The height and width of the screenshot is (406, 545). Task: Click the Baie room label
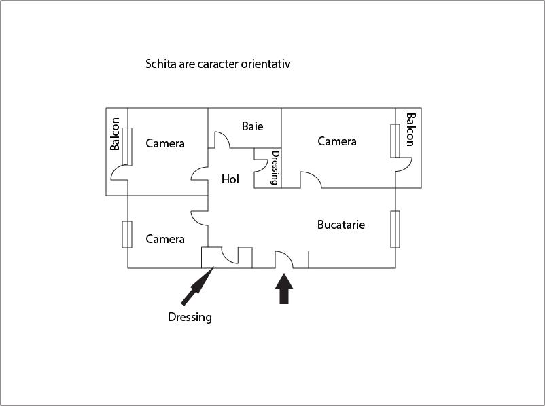tap(252, 126)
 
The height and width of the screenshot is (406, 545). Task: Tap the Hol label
tap(230, 179)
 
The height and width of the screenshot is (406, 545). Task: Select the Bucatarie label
tap(341, 225)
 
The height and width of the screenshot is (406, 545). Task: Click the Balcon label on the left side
tap(115, 134)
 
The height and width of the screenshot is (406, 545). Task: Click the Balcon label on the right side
tap(410, 130)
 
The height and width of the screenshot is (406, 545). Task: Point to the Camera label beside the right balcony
tap(337, 141)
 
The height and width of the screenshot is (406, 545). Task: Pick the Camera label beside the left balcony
tap(165, 143)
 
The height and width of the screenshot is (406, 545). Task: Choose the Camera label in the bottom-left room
tap(165, 239)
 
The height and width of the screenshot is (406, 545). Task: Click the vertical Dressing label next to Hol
tap(275, 168)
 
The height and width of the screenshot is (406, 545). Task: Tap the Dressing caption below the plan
tap(190, 317)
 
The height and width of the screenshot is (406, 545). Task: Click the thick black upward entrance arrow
tap(284, 289)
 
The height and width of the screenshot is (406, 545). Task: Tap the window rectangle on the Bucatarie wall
tap(395, 229)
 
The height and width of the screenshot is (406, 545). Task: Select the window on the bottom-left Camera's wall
tap(127, 234)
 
